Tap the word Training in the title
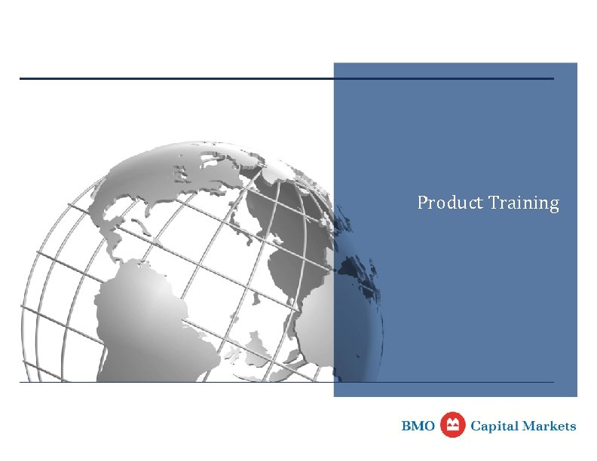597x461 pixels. click(524, 203)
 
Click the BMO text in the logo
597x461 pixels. click(418, 426)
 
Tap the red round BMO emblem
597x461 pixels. click(452, 426)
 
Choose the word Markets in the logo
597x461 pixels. click(550, 426)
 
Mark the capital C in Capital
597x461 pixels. click(476, 426)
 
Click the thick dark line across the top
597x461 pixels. click(226, 78)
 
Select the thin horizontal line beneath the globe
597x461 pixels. click(226, 382)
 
